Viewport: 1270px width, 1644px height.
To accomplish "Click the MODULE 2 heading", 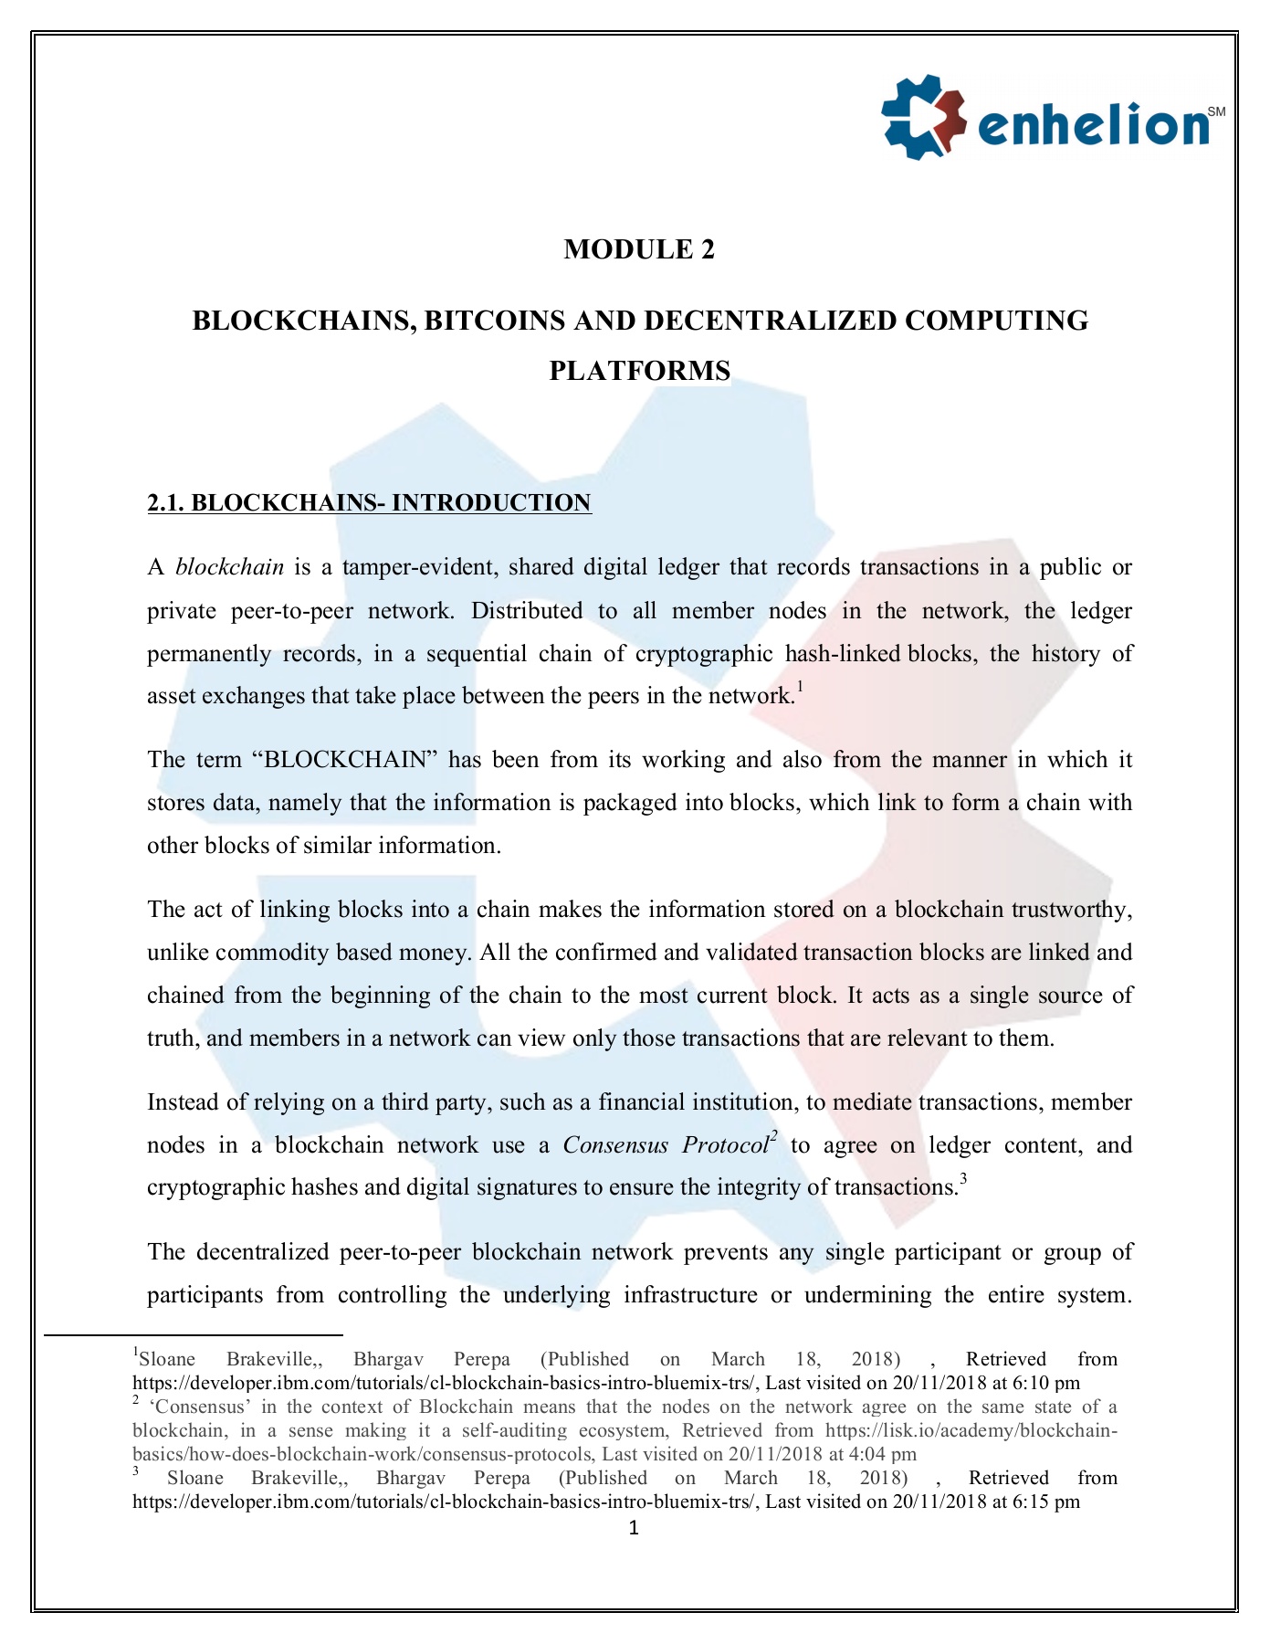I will click(x=639, y=249).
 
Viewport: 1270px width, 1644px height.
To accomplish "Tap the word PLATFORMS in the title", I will click(x=639, y=371).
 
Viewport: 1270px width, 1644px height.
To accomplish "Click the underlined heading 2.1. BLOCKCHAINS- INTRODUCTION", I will click(x=369, y=503).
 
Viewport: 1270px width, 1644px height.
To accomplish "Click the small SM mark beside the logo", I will click(x=1215, y=111).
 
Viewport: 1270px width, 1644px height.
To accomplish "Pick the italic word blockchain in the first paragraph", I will click(x=229, y=567).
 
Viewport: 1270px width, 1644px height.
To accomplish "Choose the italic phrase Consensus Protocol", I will click(x=666, y=1145).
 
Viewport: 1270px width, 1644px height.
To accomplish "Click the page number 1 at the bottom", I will click(x=634, y=1528).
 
